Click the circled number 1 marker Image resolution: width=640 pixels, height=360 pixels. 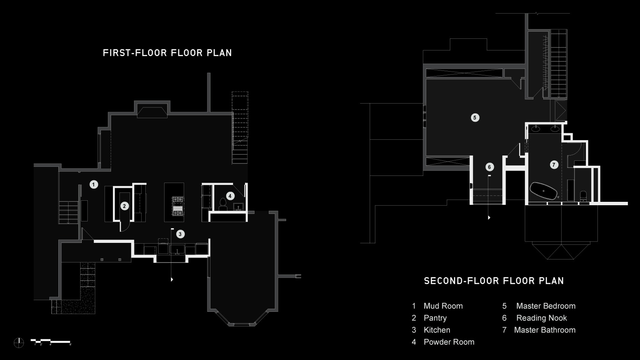(x=94, y=185)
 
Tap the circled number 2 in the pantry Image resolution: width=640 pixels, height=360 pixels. (x=124, y=206)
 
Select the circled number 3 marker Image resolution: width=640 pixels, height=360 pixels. (x=180, y=234)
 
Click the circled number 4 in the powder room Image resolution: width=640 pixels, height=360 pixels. (x=230, y=196)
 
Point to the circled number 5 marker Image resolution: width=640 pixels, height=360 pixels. (x=475, y=117)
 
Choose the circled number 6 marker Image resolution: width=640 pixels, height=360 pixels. (x=489, y=167)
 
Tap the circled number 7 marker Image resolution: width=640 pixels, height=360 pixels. (x=554, y=165)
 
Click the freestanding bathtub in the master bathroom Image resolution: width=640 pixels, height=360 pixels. (x=543, y=191)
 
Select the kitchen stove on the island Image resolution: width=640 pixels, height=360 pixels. (x=178, y=206)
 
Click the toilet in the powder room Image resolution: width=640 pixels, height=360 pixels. (x=223, y=204)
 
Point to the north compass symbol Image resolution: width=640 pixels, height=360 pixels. (x=19, y=343)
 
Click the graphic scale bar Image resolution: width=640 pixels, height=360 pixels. (x=51, y=342)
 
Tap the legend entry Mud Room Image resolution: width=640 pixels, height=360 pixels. (x=443, y=306)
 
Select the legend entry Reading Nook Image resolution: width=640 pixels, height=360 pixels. (x=541, y=318)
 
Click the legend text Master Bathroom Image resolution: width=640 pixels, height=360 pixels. (x=544, y=330)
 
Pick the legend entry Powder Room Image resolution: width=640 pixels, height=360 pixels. (x=449, y=342)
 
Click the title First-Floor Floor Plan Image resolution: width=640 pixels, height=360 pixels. (x=167, y=53)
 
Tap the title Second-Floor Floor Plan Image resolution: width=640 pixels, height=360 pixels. (x=494, y=281)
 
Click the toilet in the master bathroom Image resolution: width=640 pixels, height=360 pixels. (x=583, y=196)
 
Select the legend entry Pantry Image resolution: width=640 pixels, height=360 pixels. (x=435, y=318)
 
